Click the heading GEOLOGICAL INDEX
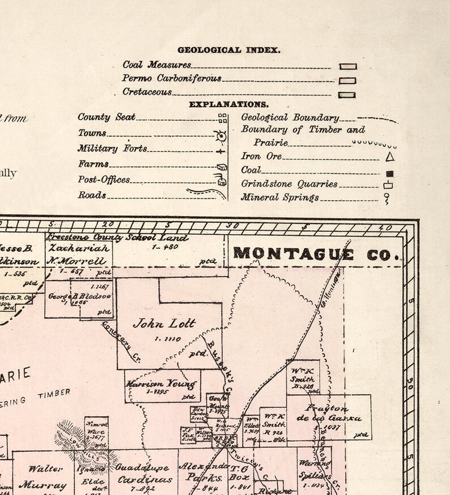228,50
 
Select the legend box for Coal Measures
347,66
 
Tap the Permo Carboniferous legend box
347,81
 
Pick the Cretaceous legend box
347,95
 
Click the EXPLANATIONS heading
228,104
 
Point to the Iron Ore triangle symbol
389,156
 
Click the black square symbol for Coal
389,174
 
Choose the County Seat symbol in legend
223,119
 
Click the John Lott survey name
164,324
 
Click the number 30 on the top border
232,225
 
